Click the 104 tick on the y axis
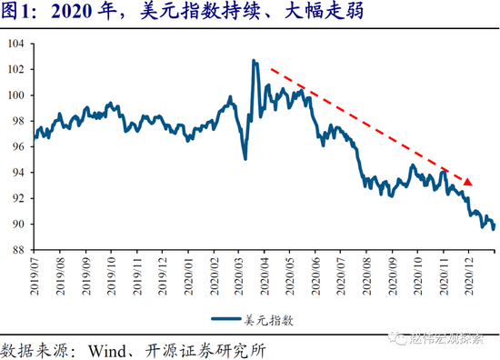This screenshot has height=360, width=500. pyautogui.click(x=15, y=44)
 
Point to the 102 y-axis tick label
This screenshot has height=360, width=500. pyautogui.click(x=15, y=69)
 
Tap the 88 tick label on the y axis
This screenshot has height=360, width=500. pyautogui.click(x=18, y=250)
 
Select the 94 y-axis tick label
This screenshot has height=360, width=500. pyautogui.click(x=18, y=173)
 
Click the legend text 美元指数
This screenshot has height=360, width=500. pyautogui.click(x=270, y=320)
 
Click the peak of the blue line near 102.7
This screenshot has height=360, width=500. pyautogui.click(x=253, y=61)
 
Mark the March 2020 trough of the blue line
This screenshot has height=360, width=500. pyautogui.click(x=245, y=158)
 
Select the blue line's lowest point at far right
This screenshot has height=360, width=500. pyautogui.click(x=492, y=230)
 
